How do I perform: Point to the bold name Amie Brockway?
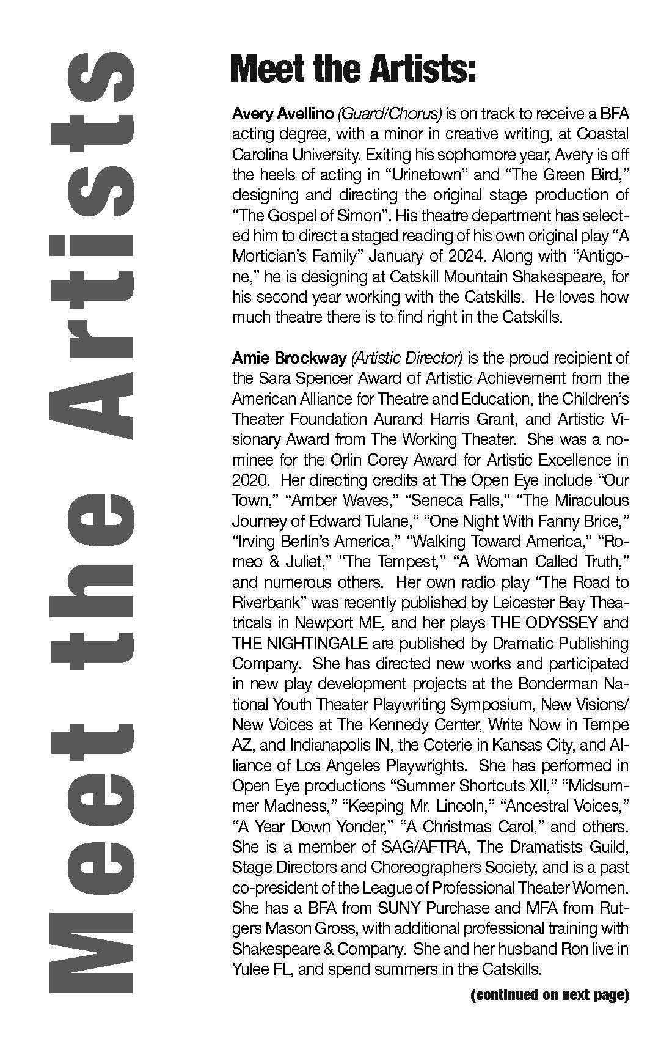[x=285, y=358]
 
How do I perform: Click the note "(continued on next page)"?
[x=550, y=995]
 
